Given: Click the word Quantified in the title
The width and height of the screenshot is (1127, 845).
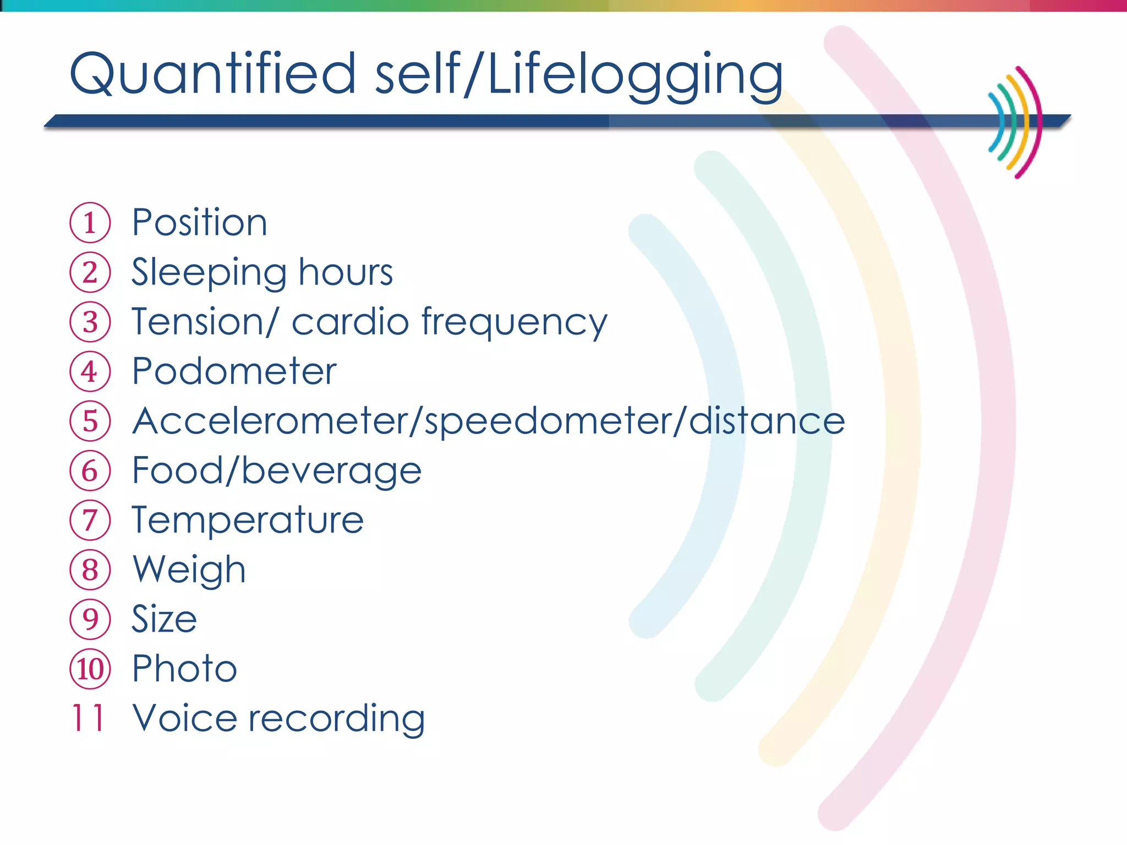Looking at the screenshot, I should [x=212, y=74].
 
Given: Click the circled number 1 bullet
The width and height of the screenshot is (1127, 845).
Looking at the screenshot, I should [x=90, y=223].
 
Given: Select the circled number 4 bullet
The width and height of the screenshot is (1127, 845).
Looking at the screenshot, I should [x=90, y=371].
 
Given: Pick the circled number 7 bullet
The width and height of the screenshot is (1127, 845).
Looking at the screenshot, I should [x=90, y=520].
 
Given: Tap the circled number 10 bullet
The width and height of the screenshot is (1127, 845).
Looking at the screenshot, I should [x=90, y=669].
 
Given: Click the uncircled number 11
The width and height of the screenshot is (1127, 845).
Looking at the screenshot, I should [x=88, y=718].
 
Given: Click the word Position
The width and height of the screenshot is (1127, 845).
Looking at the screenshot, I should [x=199, y=223].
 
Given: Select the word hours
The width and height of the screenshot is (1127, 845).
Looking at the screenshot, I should [x=346, y=272].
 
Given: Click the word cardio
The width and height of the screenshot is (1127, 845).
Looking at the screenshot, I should [x=350, y=322].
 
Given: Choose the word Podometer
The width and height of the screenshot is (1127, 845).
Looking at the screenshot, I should [x=234, y=371].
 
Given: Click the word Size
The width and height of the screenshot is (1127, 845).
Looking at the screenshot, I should [x=164, y=619].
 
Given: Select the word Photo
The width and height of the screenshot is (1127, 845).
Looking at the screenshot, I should [x=184, y=669].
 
